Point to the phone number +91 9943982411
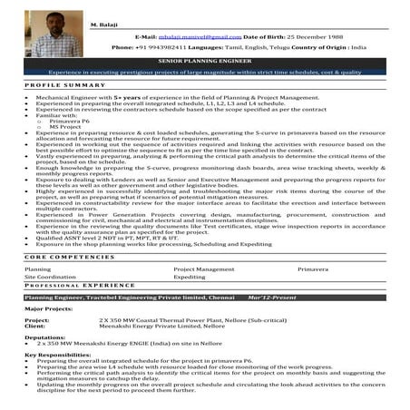[169, 46]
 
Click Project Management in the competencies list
[204, 269]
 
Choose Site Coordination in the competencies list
[50, 278]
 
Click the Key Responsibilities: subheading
[58, 355]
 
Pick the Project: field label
[37, 320]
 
